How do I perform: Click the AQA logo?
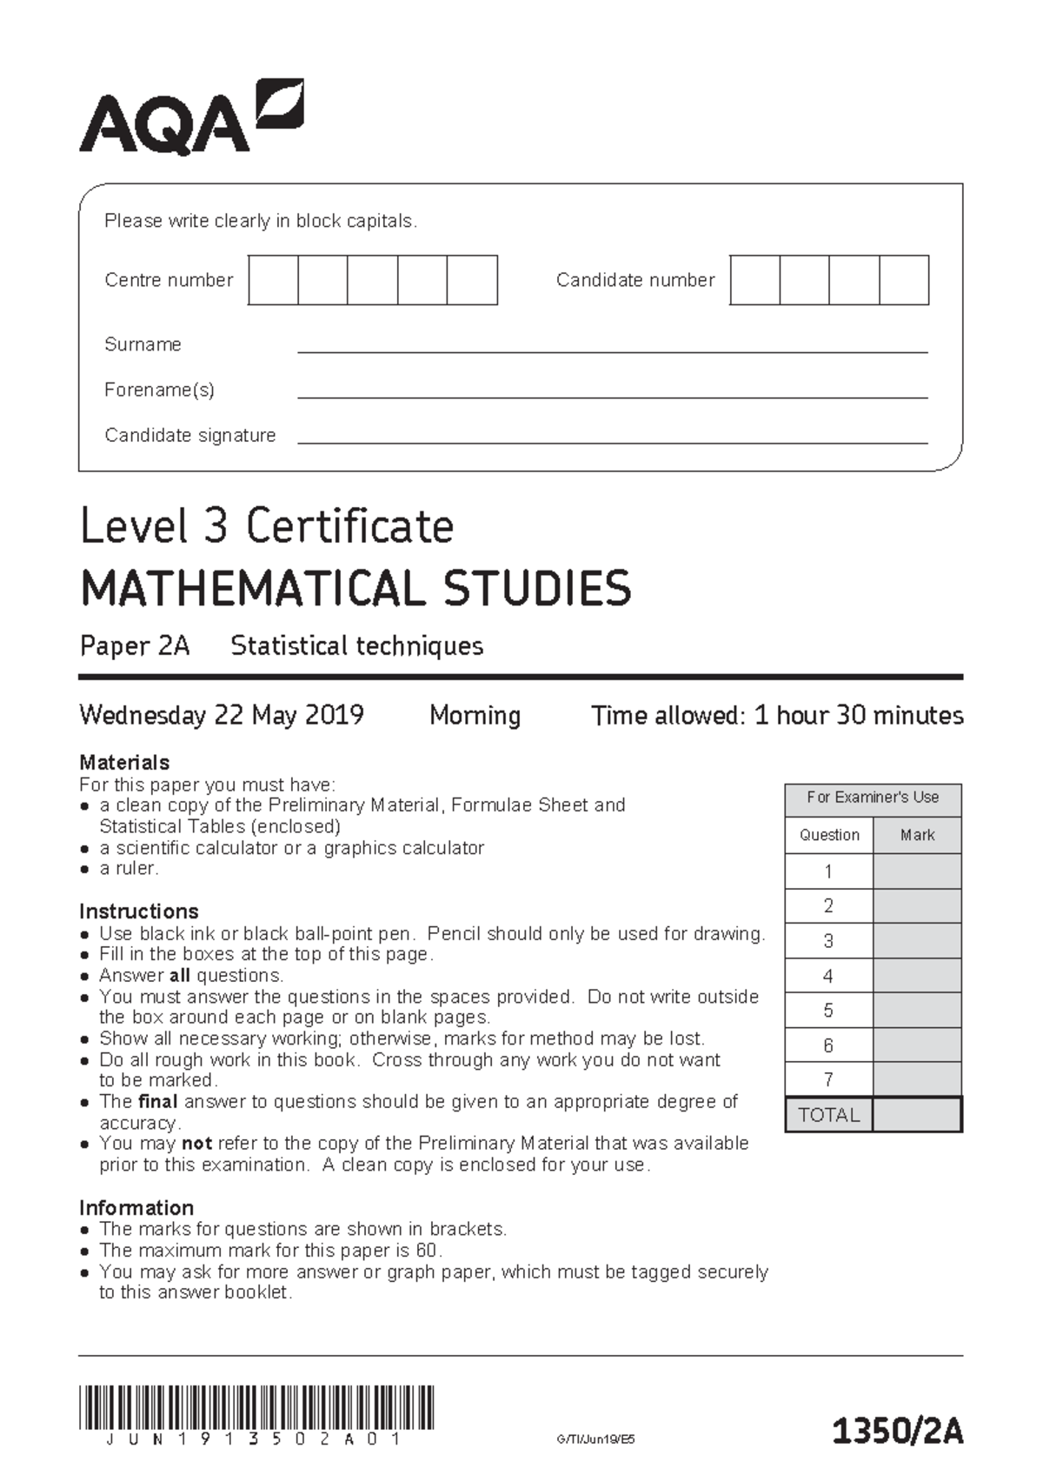[191, 118]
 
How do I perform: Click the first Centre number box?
[273, 280]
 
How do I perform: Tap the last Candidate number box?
[904, 280]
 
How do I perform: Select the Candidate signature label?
[189, 435]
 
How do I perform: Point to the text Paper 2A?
[135, 646]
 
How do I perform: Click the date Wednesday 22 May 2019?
[222, 716]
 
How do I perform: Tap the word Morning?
[475, 716]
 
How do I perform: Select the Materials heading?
[124, 763]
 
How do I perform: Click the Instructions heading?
[139, 911]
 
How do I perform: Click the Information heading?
[136, 1208]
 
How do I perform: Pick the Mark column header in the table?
[917, 835]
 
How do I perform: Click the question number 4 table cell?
[828, 976]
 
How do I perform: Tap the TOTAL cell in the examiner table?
[828, 1115]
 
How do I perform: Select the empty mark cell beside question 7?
[917, 1080]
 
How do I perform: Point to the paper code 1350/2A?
[898, 1431]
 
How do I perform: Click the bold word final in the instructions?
[157, 1102]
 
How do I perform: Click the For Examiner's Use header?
[873, 798]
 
